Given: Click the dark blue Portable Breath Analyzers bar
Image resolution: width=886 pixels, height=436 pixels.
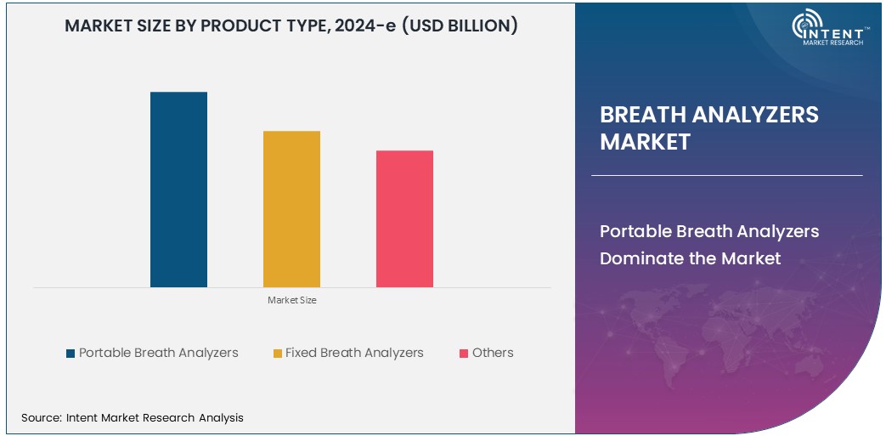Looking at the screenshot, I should [x=178, y=190].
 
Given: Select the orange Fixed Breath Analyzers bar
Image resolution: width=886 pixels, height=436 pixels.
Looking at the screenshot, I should [x=291, y=209].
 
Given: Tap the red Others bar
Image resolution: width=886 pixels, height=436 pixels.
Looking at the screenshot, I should [x=404, y=219].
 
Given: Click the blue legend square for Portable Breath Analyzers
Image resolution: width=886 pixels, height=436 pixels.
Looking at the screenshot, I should [x=71, y=353].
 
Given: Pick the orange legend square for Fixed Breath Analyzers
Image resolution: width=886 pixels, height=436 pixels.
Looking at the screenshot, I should [x=277, y=353].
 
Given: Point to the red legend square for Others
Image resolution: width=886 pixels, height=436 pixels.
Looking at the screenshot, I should [x=464, y=353].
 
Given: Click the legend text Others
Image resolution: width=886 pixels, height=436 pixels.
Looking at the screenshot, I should [x=493, y=353].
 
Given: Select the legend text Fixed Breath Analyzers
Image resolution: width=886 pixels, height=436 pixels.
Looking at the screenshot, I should [x=354, y=353].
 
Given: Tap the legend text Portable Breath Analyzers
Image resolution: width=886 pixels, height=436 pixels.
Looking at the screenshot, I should [x=159, y=353].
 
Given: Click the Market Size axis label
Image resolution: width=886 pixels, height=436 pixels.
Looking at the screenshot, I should [x=291, y=300].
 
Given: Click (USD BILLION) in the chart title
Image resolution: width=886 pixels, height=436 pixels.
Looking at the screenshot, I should [x=460, y=26].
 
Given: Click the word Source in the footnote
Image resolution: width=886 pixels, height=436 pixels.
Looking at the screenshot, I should [x=40, y=417].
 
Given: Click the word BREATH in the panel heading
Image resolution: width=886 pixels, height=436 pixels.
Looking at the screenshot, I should [x=645, y=115].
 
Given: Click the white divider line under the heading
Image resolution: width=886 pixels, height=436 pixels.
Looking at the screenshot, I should [x=726, y=175].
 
